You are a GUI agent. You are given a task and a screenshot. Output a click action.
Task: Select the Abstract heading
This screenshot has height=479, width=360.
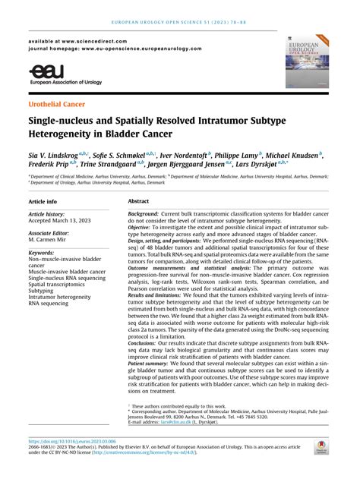[x=138, y=202]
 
